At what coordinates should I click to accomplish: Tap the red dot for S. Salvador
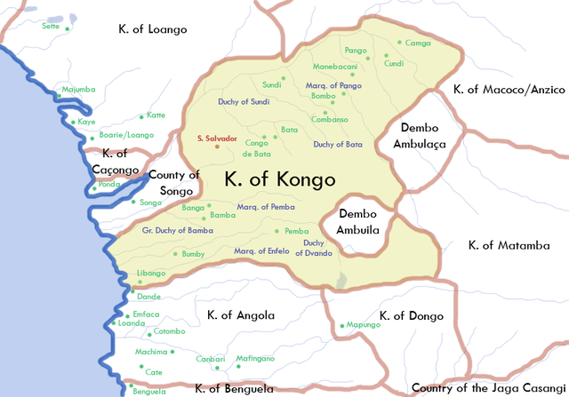216,147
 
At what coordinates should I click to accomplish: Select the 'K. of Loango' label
153,29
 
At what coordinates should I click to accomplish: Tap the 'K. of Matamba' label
509,245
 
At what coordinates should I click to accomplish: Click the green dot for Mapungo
342,325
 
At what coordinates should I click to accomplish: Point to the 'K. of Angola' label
240,315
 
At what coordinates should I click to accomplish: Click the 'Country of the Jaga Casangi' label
488,388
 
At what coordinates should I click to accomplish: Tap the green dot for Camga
400,44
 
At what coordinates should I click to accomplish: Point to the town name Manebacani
335,67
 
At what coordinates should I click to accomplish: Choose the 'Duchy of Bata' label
337,144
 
